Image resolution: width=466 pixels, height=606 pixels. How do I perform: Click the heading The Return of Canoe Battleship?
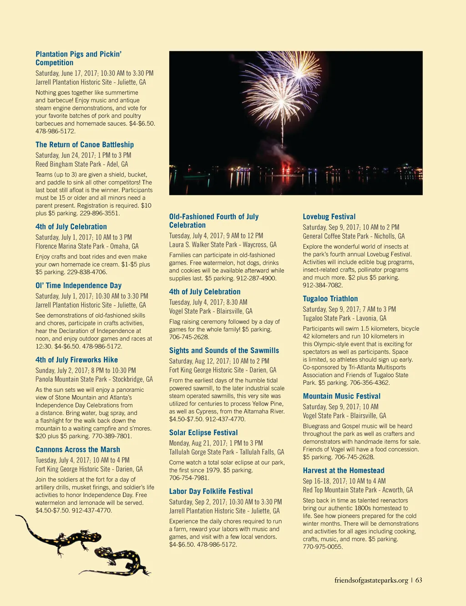point(85,144)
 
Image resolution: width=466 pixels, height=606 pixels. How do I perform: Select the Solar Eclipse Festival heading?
point(203,432)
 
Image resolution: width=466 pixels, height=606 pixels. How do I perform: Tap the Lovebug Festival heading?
point(329,216)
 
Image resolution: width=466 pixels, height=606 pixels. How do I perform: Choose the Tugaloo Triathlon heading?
point(330,298)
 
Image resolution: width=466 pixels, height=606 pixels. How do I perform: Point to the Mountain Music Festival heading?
point(342,396)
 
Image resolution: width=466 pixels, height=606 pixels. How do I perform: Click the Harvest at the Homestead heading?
point(344,470)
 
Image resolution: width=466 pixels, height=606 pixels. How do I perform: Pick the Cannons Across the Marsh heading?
point(78,449)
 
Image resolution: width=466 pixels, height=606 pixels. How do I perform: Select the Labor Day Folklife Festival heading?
point(211,491)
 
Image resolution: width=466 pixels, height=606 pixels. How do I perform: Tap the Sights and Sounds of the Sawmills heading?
point(224,350)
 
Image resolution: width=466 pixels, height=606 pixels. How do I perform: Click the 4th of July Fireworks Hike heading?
point(76,359)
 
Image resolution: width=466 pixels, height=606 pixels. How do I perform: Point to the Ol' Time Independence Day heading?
point(78,285)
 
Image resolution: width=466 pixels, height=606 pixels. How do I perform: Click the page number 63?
point(419,580)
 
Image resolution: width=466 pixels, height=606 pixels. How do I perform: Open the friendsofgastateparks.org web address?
point(371,580)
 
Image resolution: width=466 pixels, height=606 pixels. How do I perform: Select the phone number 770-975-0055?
point(323,547)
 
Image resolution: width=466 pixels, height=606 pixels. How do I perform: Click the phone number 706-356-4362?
point(370,383)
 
